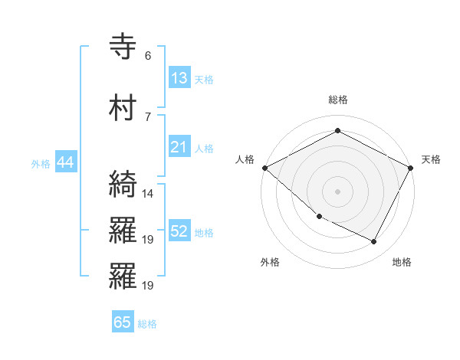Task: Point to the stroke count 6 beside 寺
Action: point(147,56)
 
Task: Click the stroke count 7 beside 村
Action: point(147,116)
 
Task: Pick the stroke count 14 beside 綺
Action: point(148,193)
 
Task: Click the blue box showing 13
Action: point(179,78)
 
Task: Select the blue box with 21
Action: point(179,147)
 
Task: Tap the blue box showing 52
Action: point(179,231)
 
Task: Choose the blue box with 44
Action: point(65,162)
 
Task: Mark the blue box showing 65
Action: point(123,322)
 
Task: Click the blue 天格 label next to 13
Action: point(204,80)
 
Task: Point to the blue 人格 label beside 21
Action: point(204,149)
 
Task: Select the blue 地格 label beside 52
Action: point(204,233)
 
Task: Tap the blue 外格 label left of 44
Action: point(41,164)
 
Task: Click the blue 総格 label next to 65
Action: point(147,324)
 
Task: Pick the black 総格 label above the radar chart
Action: point(337,100)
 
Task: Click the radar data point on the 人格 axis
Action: point(264,168)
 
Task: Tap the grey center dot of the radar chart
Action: point(337,191)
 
